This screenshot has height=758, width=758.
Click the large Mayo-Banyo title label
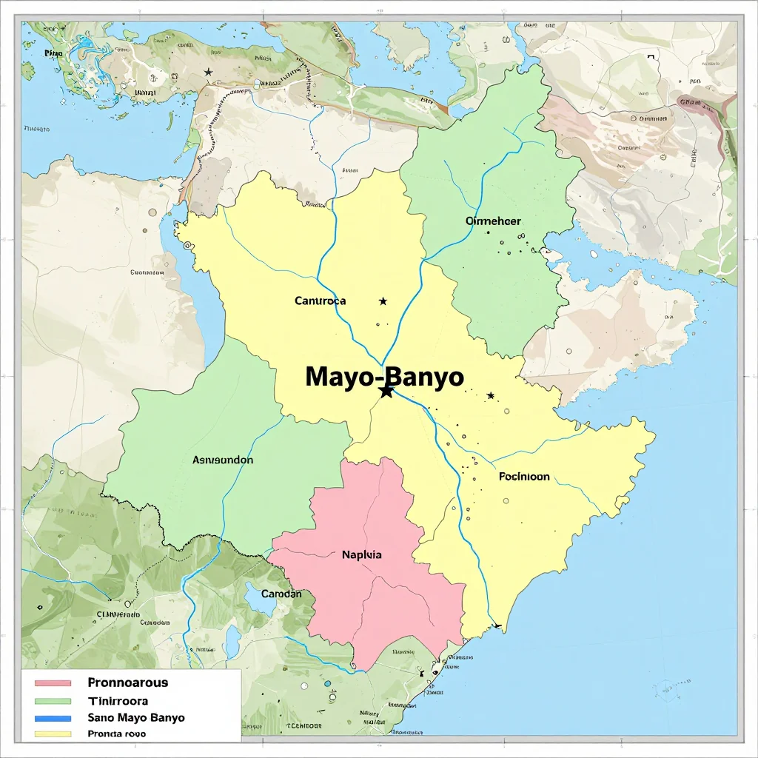[x=384, y=377]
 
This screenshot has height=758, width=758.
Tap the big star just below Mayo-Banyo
[x=386, y=392]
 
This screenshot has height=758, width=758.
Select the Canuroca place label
[x=320, y=301]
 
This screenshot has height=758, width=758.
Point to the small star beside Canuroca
[x=383, y=301]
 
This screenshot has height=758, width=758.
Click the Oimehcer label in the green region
[x=493, y=221]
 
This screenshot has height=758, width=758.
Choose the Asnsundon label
[x=223, y=460]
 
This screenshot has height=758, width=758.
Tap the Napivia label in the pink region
[x=362, y=554]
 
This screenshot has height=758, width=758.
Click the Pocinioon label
[x=524, y=477]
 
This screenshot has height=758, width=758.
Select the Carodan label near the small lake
[x=281, y=594]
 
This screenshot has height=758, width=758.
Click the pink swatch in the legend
[x=52, y=683]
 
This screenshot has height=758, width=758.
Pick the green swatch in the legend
[x=52, y=701]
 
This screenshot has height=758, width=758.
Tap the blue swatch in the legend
[x=52, y=718]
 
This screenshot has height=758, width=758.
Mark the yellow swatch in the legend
[x=52, y=735]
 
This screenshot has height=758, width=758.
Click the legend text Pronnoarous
[x=127, y=682]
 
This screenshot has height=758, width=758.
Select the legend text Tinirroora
[x=118, y=700]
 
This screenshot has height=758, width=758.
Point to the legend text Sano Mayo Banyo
[x=135, y=717]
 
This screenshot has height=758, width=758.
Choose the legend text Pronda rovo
[x=116, y=734]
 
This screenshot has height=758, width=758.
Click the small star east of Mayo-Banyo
[x=490, y=396]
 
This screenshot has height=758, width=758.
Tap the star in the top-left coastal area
[x=208, y=72]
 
